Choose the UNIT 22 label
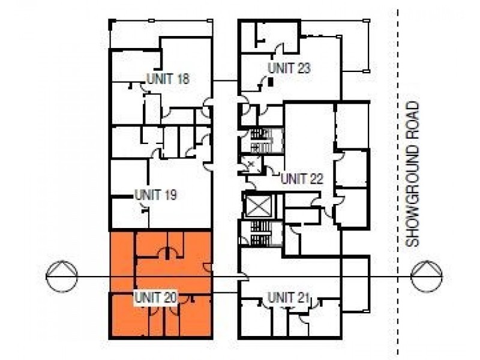pyautogui.click(x=302, y=178)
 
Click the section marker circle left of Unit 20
pyautogui.click(x=64, y=276)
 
